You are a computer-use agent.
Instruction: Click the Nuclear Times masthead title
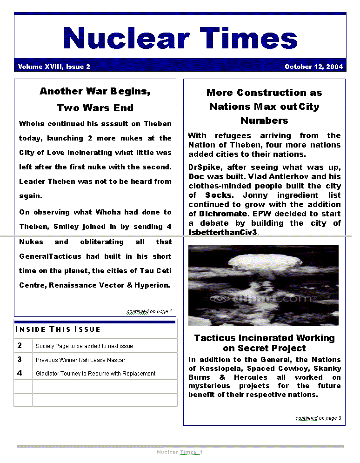(x=180, y=38)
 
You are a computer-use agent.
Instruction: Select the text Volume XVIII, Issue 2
(x=54, y=67)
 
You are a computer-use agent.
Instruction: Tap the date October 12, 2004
(x=313, y=67)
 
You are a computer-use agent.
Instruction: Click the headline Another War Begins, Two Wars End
(x=95, y=100)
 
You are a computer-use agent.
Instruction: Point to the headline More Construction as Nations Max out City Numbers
(x=264, y=107)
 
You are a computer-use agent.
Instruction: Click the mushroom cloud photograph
(x=263, y=285)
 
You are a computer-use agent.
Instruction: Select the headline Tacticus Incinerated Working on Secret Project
(x=264, y=343)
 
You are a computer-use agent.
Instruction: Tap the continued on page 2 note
(x=149, y=311)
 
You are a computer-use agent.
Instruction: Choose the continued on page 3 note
(x=318, y=418)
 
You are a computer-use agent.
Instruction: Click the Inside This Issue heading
(x=58, y=329)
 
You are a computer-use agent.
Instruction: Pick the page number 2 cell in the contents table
(x=20, y=345)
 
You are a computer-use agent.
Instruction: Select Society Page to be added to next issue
(x=84, y=346)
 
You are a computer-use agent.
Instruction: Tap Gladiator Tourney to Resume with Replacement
(x=95, y=373)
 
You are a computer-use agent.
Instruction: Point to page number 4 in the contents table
(x=20, y=373)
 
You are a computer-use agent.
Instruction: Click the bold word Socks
(x=218, y=195)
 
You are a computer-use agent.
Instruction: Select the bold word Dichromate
(x=223, y=214)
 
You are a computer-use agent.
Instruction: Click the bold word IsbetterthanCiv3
(x=223, y=232)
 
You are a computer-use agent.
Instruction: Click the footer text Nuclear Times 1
(x=180, y=452)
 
